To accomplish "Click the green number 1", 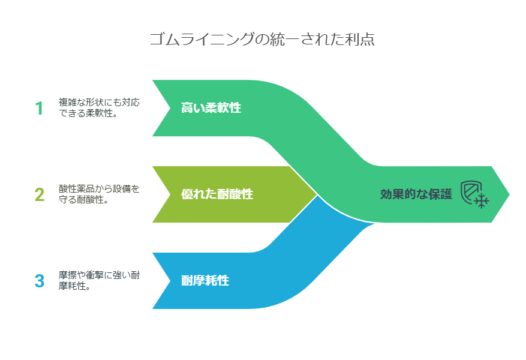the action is (x=39, y=108).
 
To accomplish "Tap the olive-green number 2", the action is (x=39, y=194).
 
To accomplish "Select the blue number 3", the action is (x=39, y=281).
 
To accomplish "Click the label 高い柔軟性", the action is (x=211, y=107).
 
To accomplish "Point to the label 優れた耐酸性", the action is (x=217, y=194).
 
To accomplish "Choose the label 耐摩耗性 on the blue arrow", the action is (x=205, y=280).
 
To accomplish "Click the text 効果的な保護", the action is (x=416, y=194).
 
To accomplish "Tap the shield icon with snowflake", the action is (x=474, y=194).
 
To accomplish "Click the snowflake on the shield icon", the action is (x=482, y=201).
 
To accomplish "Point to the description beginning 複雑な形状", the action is (x=99, y=107).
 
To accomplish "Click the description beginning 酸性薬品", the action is (x=99, y=194).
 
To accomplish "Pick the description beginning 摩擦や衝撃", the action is (x=99, y=280).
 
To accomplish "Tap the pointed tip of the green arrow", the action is (x=509, y=194).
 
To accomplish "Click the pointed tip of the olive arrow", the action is (x=317, y=194).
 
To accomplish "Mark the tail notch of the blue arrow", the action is (x=170, y=281).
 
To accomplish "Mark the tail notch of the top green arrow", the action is (x=170, y=108).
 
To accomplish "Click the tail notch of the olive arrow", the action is (x=170, y=194).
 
